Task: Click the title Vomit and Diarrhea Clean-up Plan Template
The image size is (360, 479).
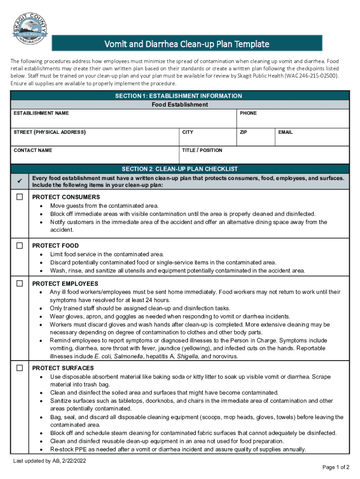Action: click(186, 44)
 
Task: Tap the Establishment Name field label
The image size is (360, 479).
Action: click(41, 113)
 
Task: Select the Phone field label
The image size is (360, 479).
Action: click(248, 113)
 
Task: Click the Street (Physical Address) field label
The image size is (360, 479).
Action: click(50, 132)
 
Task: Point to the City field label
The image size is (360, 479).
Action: click(187, 132)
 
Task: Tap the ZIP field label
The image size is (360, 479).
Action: click(243, 132)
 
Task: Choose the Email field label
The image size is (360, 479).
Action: click(285, 132)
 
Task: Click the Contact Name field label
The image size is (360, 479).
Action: click(33, 150)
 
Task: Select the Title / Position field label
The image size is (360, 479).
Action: click(202, 150)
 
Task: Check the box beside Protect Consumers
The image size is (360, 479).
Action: click(20, 197)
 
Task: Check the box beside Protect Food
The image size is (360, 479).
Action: click(20, 246)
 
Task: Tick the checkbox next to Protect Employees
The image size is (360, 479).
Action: click(20, 283)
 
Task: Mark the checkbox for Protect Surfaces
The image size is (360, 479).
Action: click(20, 368)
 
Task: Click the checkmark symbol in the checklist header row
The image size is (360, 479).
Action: click(20, 181)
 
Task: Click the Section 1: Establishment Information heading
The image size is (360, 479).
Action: click(180, 96)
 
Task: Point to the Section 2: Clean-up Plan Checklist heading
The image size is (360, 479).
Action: click(180, 169)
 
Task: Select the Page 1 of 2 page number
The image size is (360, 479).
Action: click(336, 467)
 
